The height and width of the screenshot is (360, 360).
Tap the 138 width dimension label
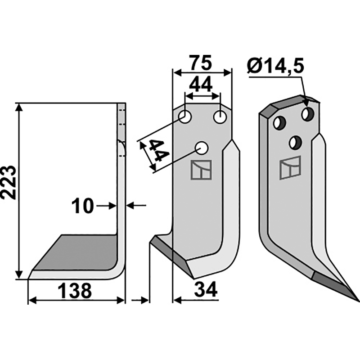tap(76, 291)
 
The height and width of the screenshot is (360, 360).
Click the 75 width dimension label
tap(201, 63)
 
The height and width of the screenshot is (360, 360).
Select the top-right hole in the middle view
tap(220, 117)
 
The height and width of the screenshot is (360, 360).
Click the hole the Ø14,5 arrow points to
tap(308, 113)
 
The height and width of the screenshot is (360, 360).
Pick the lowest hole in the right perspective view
tap(295, 142)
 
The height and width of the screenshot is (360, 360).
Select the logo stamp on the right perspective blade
tap(290, 168)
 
